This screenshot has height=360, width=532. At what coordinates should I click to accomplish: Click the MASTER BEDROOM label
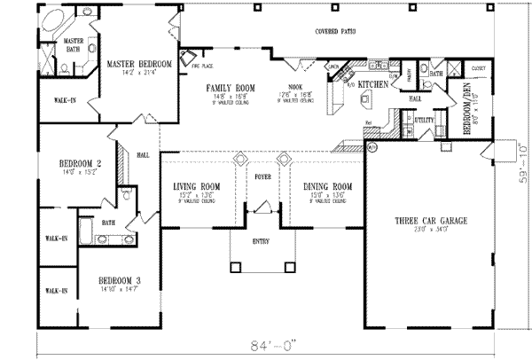140,65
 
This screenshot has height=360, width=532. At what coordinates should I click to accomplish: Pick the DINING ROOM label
327,186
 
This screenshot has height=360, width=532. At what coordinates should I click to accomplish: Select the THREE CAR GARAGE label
430,220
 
